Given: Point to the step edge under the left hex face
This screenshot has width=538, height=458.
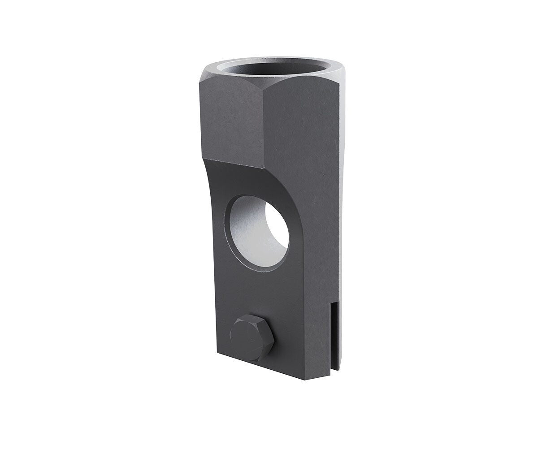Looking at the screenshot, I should tap(233, 163).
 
